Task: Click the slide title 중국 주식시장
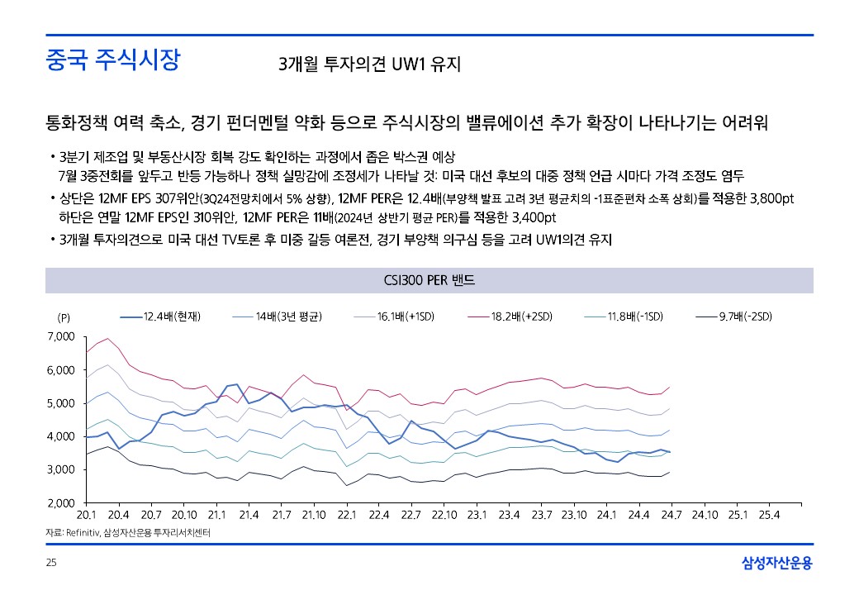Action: click(112, 61)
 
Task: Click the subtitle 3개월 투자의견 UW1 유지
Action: click(369, 64)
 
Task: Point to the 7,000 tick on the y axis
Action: click(62, 337)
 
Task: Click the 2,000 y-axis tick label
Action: click(62, 502)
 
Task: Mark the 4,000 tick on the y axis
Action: click(62, 436)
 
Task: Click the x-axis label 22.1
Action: click(346, 514)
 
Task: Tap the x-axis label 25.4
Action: click(769, 514)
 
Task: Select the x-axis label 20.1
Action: click(87, 514)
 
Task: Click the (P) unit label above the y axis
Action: click(64, 317)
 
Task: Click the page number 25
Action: click(51, 564)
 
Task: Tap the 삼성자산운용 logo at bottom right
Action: click(776, 564)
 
